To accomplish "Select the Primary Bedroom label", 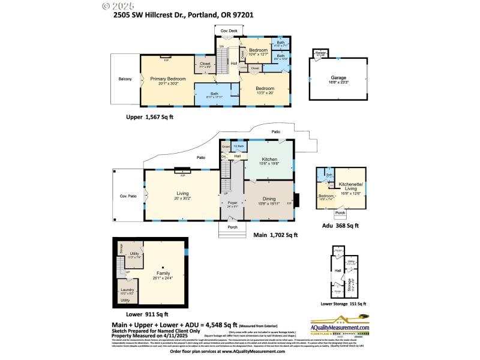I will (168, 79).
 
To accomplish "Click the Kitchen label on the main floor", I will (269, 160).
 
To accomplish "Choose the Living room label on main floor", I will (182, 194).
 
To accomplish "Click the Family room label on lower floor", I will (163, 275).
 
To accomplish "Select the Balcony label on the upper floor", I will (125, 79).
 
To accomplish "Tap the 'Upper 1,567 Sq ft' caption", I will (149, 117).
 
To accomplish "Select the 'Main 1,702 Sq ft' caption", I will (275, 235).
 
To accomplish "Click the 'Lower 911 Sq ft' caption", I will (147, 314).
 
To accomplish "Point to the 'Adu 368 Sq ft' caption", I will (340, 226).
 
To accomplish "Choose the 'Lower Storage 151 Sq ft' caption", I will (343, 304).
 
